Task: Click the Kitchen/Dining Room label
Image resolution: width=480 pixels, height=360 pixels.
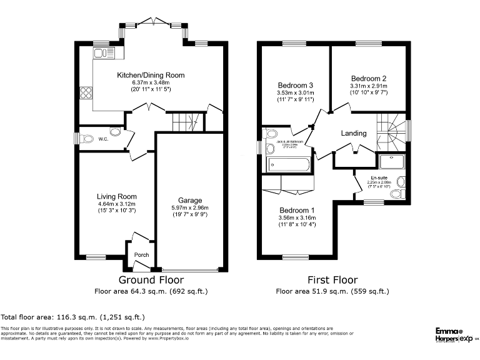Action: (x=151, y=75)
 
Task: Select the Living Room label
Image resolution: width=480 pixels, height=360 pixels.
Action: (x=116, y=196)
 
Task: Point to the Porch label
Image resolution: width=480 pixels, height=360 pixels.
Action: (x=142, y=254)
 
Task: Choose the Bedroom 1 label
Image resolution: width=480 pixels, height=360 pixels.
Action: (x=297, y=210)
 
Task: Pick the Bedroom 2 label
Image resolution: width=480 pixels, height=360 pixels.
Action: (x=368, y=78)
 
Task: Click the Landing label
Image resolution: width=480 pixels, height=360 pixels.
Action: (x=353, y=134)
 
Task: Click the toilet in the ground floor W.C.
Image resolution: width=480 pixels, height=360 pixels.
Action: (x=114, y=132)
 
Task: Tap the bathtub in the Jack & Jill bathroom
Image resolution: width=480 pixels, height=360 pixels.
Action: (x=289, y=164)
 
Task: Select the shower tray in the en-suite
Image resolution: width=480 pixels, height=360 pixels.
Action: (x=392, y=162)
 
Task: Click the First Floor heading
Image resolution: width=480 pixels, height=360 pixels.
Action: (x=332, y=280)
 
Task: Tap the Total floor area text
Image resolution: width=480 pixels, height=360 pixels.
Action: (x=72, y=317)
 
